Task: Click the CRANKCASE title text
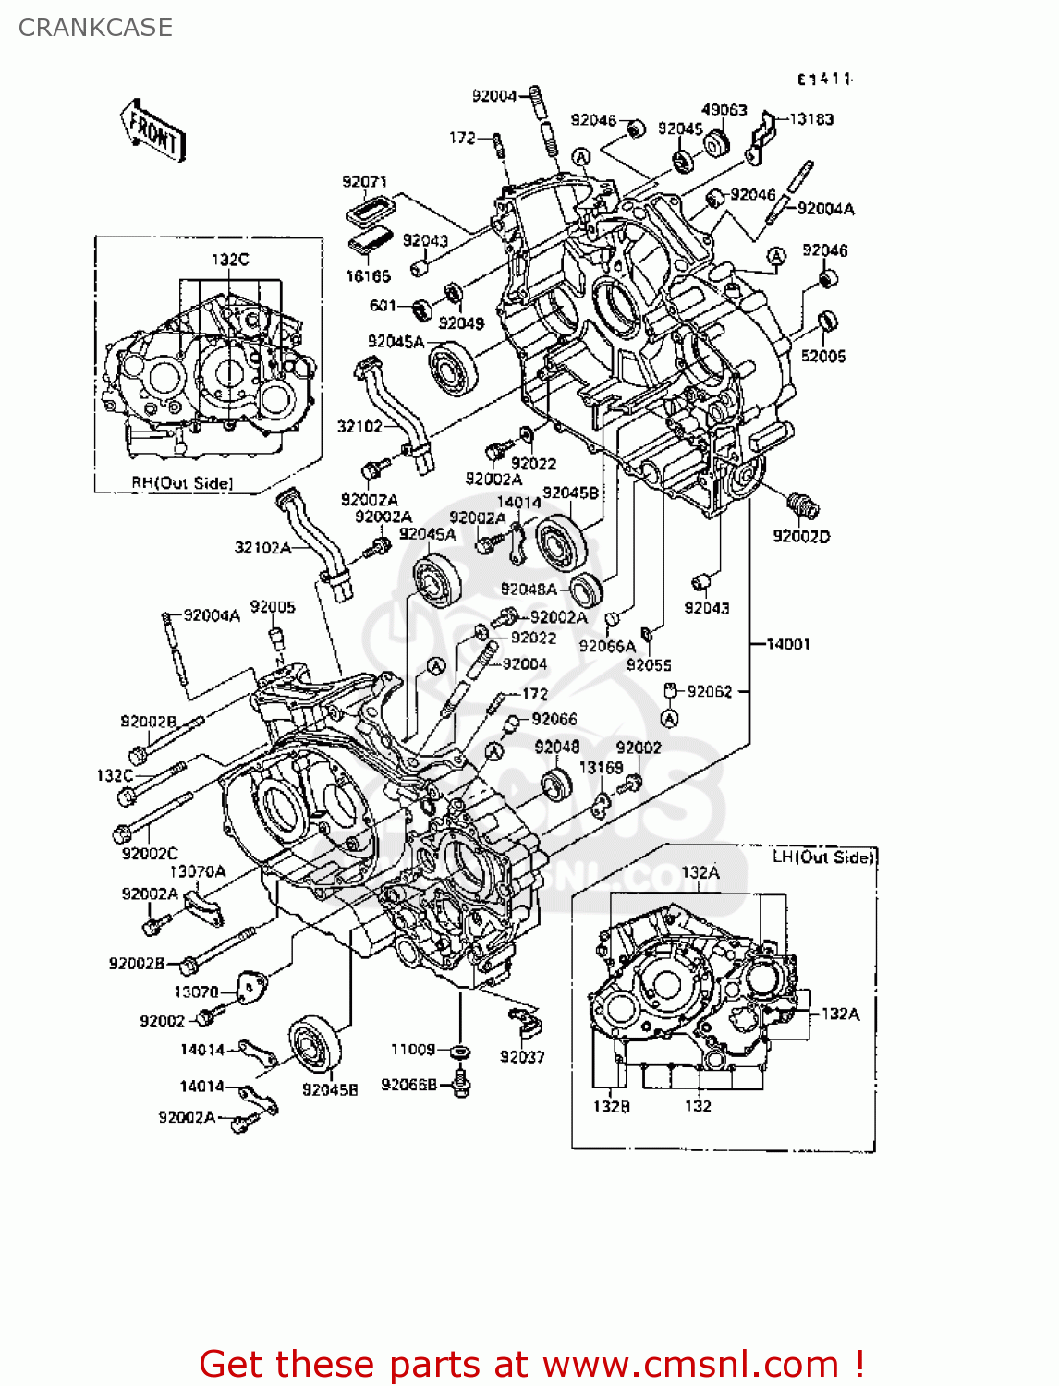click(x=95, y=28)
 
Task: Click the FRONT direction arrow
click(x=153, y=130)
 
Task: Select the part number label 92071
click(x=364, y=182)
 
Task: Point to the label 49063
click(x=724, y=110)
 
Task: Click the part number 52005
click(x=822, y=357)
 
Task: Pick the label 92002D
click(x=801, y=537)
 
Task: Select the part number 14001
click(x=787, y=644)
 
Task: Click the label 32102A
click(x=262, y=548)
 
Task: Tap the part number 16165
click(x=368, y=276)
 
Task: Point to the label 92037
click(x=522, y=1057)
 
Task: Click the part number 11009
click(x=413, y=1050)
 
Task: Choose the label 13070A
click(x=197, y=871)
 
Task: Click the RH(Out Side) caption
click(x=182, y=483)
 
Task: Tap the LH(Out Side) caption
click(x=822, y=857)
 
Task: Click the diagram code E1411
click(x=824, y=79)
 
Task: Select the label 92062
click(x=709, y=691)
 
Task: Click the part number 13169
click(x=601, y=768)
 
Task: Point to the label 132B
click(x=611, y=1106)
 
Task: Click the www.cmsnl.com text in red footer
click(x=690, y=1364)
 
